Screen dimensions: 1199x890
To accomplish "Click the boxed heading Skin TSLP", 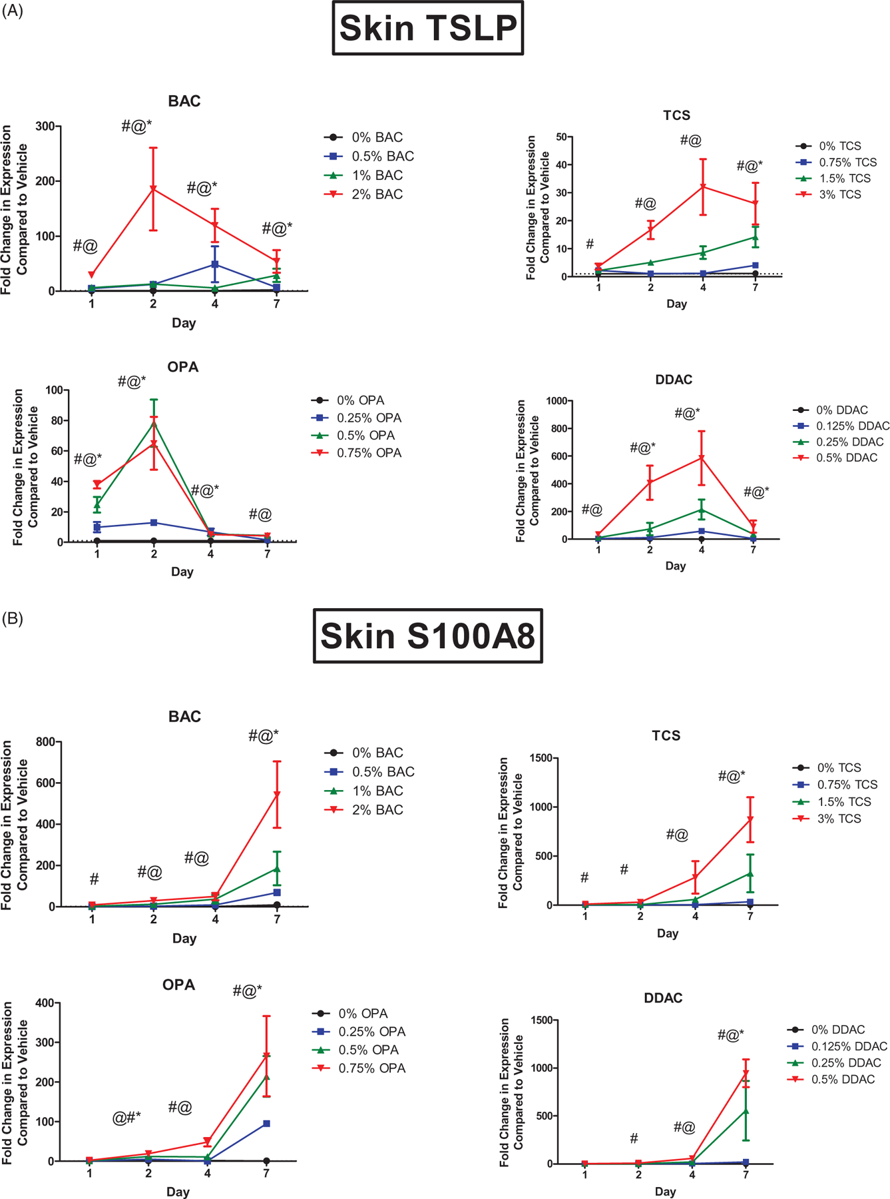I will tap(428, 28).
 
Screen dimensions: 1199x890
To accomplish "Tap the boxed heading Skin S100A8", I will tap(428, 636).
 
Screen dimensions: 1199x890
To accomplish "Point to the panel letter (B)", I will tap(13, 619).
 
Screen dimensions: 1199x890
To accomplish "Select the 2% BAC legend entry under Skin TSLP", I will tap(377, 195).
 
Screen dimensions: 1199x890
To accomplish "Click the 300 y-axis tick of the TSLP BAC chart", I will tap(46, 127).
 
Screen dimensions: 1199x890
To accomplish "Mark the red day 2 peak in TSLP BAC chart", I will tap(153, 190).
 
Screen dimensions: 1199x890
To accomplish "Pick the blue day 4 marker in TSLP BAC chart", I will tap(215, 264).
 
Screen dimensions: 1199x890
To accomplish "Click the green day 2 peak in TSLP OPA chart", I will tap(154, 423).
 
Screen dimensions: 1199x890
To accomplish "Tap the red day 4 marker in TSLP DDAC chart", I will tap(702, 458).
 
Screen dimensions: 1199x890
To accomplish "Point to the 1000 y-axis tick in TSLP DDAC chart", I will tap(556, 401).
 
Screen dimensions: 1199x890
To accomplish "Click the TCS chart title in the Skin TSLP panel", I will tap(676, 116).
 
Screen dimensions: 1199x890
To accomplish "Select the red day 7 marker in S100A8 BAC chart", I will tap(277, 795).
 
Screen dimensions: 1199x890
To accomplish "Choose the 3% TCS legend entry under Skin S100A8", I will tap(839, 819).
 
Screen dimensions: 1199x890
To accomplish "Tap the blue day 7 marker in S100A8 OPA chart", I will tap(266, 1124).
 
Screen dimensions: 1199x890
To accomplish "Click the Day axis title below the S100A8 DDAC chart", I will tap(665, 1192).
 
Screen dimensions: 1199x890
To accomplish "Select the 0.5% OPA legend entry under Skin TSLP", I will tap(365, 436).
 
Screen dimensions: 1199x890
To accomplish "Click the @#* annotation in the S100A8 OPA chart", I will tap(126, 1118).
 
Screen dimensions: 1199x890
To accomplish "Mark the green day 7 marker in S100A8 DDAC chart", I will tap(746, 1110).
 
